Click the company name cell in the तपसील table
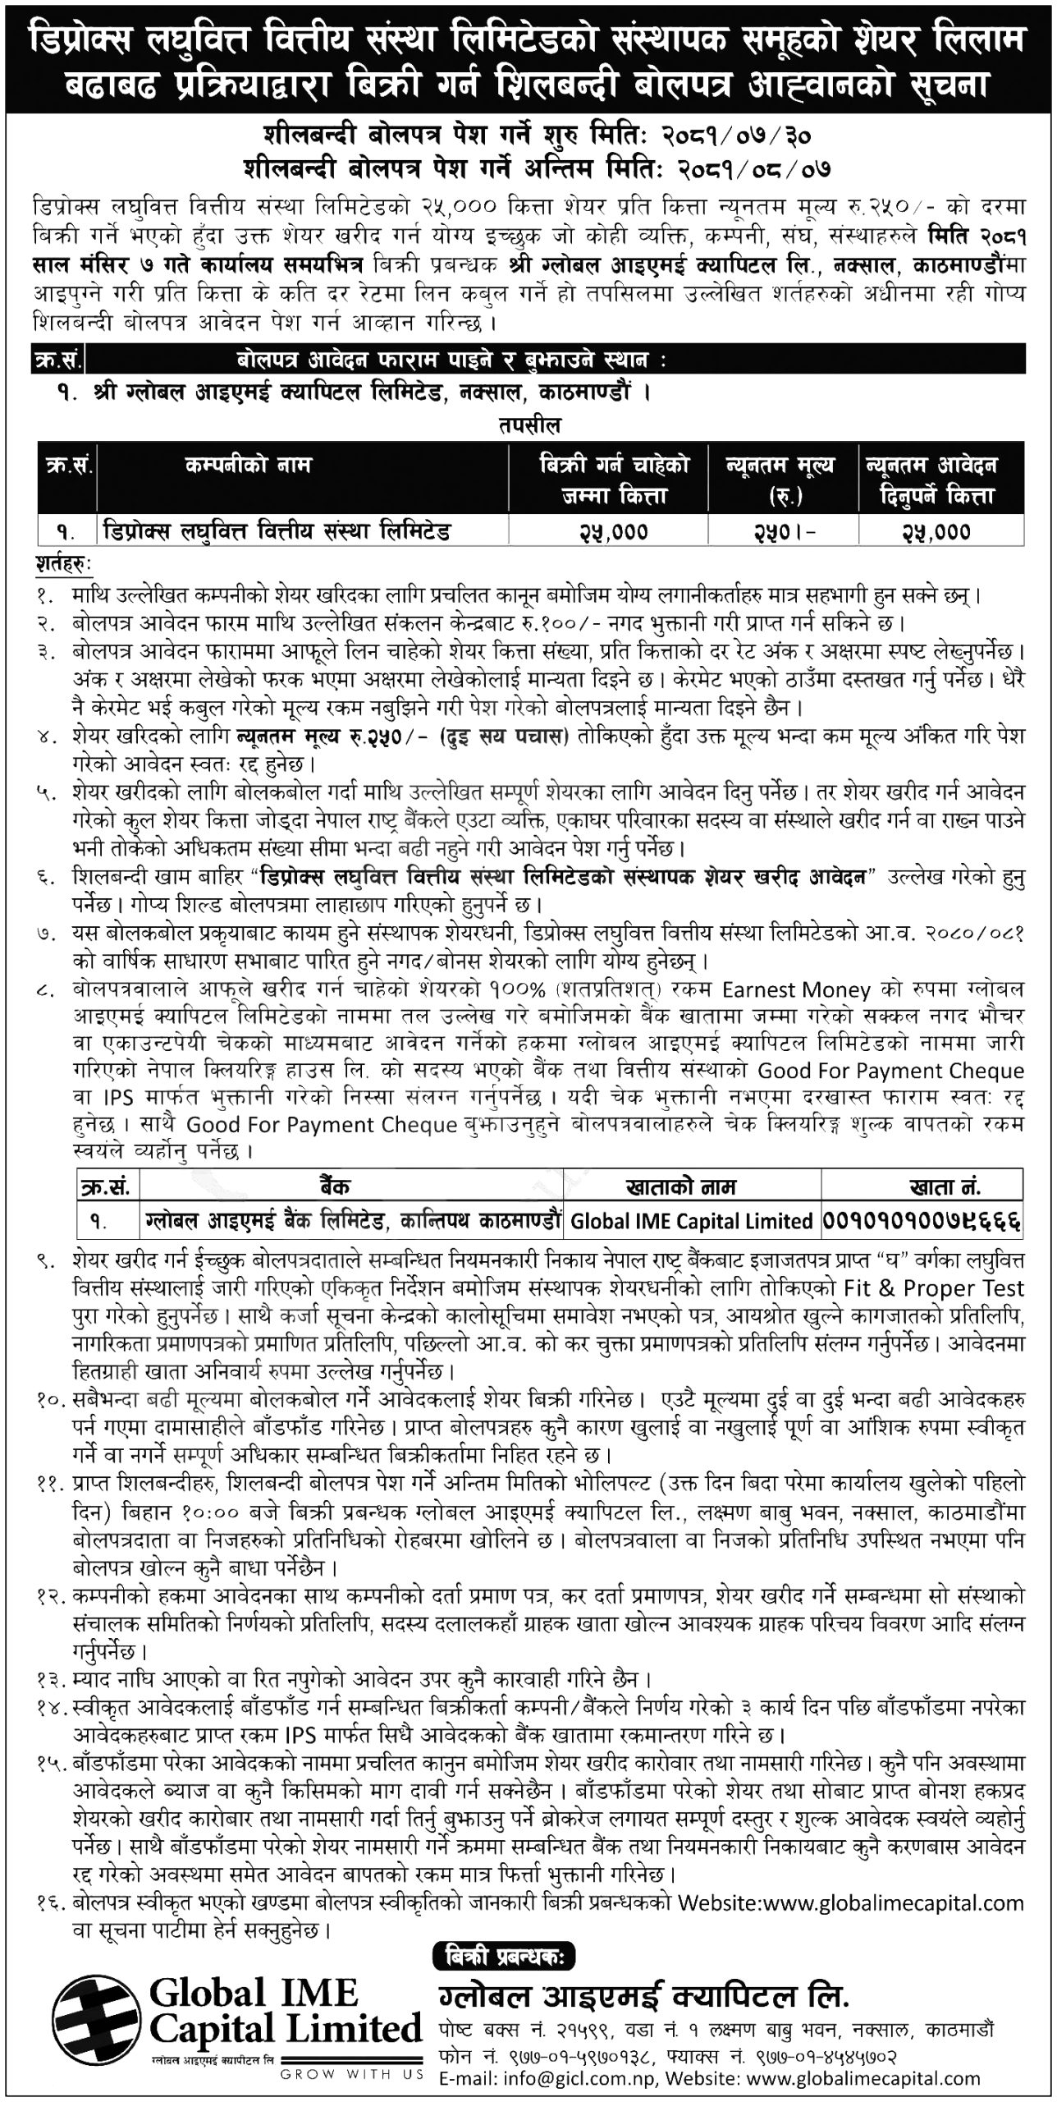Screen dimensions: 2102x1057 (x=276, y=532)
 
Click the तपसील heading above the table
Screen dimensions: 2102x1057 (x=528, y=426)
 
